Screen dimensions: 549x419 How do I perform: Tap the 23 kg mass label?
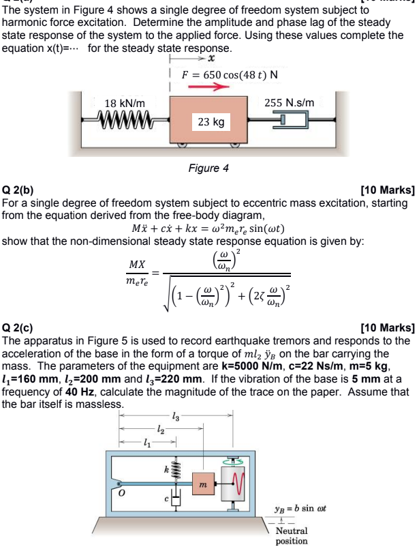[211, 122]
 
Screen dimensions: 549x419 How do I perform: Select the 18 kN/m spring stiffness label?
[125, 102]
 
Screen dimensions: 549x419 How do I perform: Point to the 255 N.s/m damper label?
[289, 102]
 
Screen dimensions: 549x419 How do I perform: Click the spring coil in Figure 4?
[126, 121]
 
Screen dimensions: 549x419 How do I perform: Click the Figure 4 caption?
[208, 168]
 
